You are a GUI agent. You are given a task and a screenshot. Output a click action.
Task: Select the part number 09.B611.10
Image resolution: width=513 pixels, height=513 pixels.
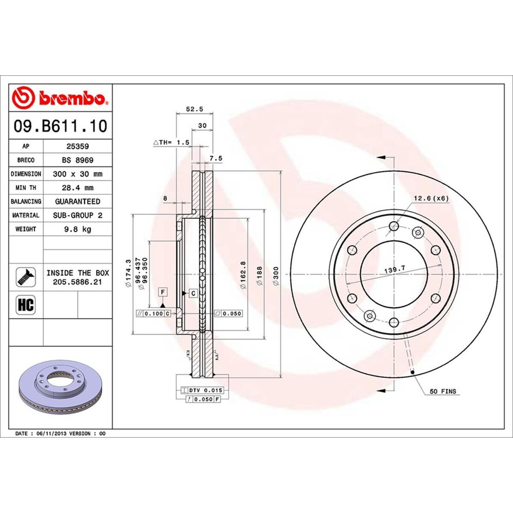60,126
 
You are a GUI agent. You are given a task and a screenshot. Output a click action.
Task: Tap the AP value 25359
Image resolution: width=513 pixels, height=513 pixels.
77,146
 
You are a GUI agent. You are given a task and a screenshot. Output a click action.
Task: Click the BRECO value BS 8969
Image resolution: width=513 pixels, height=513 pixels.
77,160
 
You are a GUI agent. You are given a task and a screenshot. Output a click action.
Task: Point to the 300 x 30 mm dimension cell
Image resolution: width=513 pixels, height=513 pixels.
77,174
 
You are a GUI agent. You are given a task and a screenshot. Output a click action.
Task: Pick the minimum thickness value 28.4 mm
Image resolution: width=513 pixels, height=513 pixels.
77,188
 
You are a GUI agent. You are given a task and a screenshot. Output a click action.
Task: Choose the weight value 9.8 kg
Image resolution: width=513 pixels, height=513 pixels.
77,229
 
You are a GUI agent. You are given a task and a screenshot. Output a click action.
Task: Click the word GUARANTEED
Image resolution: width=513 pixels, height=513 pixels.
77,201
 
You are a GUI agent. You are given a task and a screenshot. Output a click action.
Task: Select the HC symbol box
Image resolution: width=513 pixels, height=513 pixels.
26,305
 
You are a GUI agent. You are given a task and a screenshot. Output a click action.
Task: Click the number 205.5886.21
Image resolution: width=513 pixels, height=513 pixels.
77,282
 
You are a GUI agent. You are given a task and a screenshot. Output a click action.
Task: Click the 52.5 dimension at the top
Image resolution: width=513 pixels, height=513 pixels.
194,109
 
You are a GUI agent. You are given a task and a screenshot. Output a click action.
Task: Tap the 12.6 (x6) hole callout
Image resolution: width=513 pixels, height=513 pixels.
430,198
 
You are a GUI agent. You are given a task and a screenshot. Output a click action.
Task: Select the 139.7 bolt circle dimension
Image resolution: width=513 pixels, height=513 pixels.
394,269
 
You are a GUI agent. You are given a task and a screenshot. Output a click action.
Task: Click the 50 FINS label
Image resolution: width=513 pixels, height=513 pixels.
442,391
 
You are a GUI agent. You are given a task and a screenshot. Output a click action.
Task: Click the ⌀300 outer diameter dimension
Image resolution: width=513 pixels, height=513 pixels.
276,276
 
